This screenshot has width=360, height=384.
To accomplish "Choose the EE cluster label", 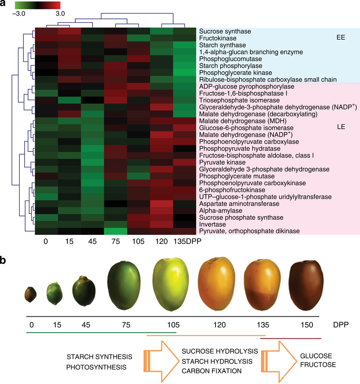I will coord(341,38).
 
